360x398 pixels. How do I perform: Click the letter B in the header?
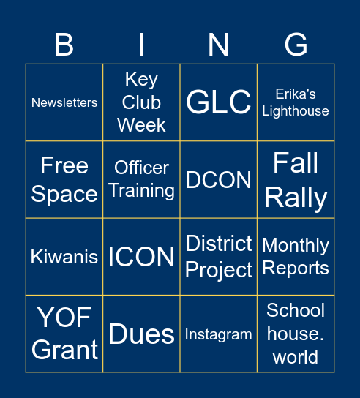tap(64, 45)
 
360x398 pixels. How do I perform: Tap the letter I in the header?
tap(141, 45)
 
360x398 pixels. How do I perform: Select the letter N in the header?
tap(218, 45)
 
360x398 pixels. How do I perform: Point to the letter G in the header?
tap(296, 45)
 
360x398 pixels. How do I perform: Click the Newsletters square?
tap(64, 102)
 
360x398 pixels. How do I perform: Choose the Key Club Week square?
tap(141, 102)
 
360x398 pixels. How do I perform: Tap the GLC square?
tap(218, 102)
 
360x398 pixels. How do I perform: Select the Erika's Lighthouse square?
tap(296, 102)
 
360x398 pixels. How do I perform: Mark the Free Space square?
tap(64, 180)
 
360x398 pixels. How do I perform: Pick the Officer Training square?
tap(141, 180)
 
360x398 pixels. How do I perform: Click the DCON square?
tap(218, 180)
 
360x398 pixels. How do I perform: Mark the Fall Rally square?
tap(296, 180)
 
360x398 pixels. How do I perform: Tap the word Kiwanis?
tap(64, 257)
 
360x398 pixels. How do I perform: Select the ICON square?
tap(141, 257)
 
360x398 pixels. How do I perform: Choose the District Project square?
tap(218, 257)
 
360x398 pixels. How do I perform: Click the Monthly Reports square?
tap(296, 257)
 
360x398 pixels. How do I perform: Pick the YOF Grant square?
tap(64, 334)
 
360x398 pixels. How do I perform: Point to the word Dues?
tap(141, 334)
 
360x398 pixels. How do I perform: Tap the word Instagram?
tap(218, 334)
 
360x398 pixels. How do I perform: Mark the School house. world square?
tap(296, 334)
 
